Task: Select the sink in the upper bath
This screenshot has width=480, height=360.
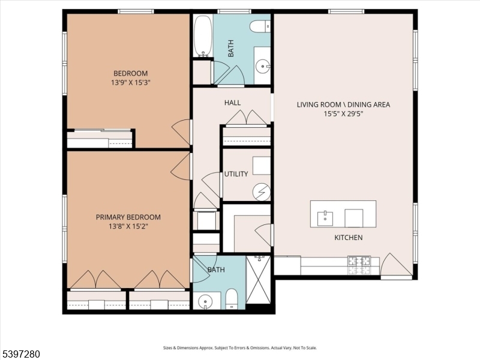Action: pyautogui.click(x=262, y=66)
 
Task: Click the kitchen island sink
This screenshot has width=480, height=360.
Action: pyautogui.click(x=325, y=215)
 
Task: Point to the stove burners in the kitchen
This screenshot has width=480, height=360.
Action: pyautogui.click(x=358, y=262)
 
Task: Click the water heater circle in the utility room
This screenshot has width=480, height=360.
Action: pyautogui.click(x=262, y=192)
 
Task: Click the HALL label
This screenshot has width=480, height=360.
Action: pyautogui.click(x=232, y=103)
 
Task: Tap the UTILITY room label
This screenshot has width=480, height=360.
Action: pyautogui.click(x=236, y=174)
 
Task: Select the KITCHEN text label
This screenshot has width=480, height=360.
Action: pyautogui.click(x=348, y=238)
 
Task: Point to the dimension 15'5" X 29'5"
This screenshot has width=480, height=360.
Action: pyautogui.click(x=343, y=113)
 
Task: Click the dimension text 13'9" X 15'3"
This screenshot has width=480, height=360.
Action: pyautogui.click(x=129, y=83)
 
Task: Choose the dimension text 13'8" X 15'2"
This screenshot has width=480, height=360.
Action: pyautogui.click(x=128, y=226)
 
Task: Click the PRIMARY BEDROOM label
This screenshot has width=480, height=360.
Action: pyautogui.click(x=128, y=217)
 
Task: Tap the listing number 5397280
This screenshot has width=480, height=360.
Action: pyautogui.click(x=21, y=354)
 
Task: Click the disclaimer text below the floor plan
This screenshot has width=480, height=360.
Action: pyautogui.click(x=240, y=347)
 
